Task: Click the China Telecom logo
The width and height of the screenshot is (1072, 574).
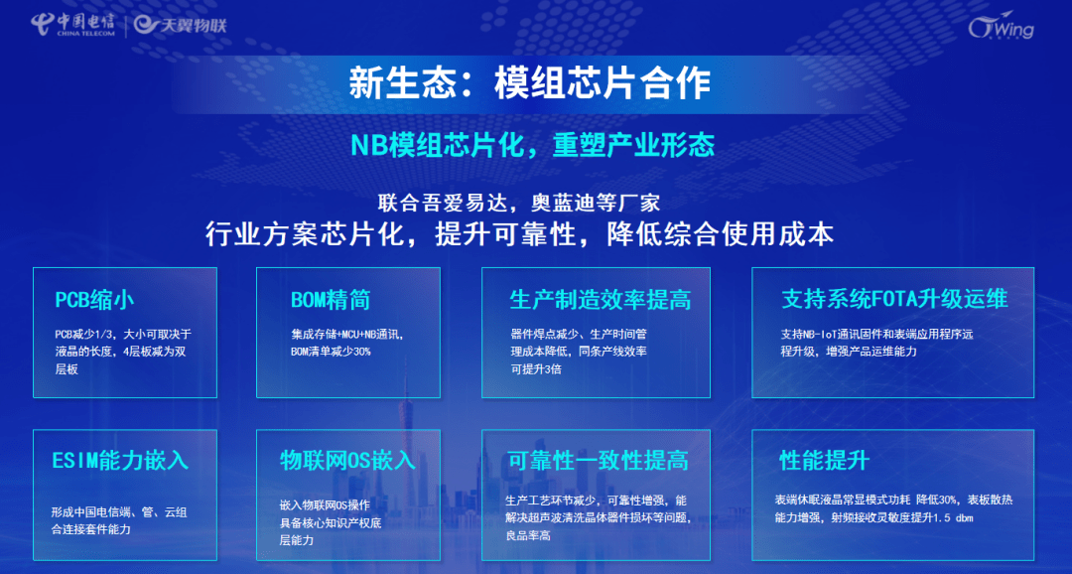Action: click(72, 25)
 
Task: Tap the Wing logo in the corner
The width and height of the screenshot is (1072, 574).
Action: click(1001, 27)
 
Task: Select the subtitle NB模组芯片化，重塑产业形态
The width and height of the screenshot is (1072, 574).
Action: click(533, 144)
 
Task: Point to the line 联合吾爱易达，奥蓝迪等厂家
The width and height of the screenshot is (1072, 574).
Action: click(519, 204)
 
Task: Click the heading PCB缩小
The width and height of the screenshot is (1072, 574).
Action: click(94, 300)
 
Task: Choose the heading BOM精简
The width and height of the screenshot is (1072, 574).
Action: click(331, 300)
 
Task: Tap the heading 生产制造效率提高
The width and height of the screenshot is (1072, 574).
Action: click(600, 300)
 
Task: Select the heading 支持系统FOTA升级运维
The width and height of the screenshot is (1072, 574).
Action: click(895, 300)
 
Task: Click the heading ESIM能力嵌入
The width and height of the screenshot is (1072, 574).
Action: click(120, 460)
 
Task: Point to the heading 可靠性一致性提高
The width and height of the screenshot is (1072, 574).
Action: click(599, 461)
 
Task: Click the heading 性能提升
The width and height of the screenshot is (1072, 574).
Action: click(825, 461)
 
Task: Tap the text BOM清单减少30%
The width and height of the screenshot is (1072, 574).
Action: click(331, 352)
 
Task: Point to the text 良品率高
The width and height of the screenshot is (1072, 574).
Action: click(528, 535)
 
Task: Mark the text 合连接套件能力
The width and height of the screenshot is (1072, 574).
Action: click(91, 529)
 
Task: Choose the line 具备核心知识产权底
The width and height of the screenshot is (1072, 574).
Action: click(331, 522)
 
